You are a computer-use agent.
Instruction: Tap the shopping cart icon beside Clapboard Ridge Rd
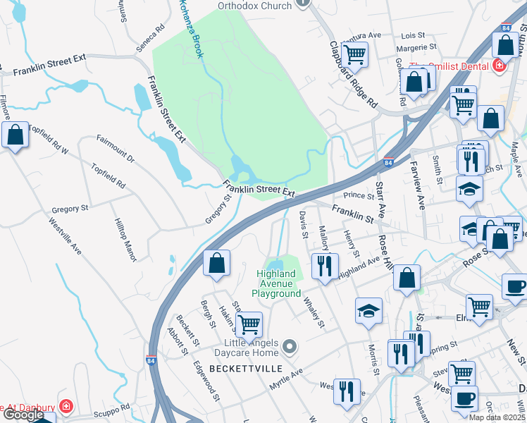pyautogui.click(x=355, y=54)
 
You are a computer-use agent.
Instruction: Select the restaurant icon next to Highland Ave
pyautogui.click(x=324, y=266)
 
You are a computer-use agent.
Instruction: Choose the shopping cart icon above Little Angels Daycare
pyautogui.click(x=249, y=325)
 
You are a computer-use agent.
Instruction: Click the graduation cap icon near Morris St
pyautogui.click(x=368, y=312)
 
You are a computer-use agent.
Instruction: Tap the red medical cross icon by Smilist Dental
pyautogui.click(x=499, y=66)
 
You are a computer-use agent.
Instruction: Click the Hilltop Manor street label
pyautogui.click(x=124, y=240)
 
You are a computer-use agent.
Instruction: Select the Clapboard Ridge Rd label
pyautogui.click(x=352, y=74)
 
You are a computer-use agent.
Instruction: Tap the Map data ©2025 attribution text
pyautogui.click(x=497, y=417)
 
